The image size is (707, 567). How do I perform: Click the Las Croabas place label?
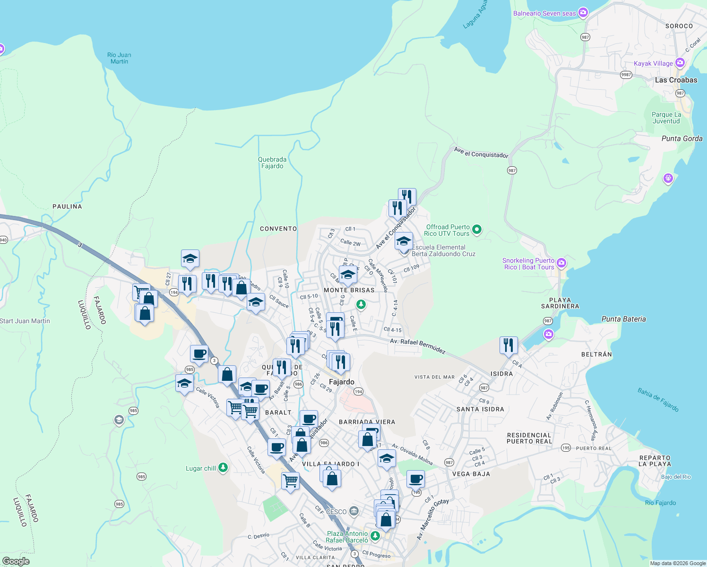pyautogui.click(x=676, y=80)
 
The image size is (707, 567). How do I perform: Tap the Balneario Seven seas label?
pyautogui.click(x=544, y=13)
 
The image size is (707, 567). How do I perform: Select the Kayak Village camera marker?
pyautogui.click(x=680, y=63)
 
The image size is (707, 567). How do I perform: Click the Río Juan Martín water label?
pyautogui.click(x=119, y=58)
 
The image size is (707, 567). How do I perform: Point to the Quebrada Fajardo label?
pyautogui.click(x=272, y=163)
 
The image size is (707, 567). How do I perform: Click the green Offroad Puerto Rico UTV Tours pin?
pyautogui.click(x=477, y=230)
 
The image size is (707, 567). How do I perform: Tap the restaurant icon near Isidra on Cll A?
pyautogui.click(x=509, y=345)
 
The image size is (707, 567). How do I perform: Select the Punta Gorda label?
pyautogui.click(x=682, y=138)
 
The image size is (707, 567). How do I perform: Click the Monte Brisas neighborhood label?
pyautogui.click(x=349, y=290)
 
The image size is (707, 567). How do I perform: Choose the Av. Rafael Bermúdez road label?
pyautogui.click(x=418, y=346)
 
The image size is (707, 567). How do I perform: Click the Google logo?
pyautogui.click(x=16, y=561)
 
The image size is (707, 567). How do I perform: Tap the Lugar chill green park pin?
pyautogui.click(x=223, y=468)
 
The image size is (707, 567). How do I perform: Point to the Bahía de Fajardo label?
pyautogui.click(x=658, y=400)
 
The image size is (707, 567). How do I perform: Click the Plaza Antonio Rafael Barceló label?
pyautogui.click(x=347, y=537)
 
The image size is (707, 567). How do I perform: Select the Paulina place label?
pyautogui.click(x=67, y=206)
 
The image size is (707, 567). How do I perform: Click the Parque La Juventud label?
pyautogui.click(x=666, y=118)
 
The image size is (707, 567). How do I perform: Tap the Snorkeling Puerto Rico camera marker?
pyautogui.click(x=561, y=263)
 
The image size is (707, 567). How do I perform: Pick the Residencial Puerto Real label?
pyautogui.click(x=529, y=438)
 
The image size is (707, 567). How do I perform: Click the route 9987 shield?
pyautogui.click(x=626, y=75)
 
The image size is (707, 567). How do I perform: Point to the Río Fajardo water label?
pyautogui.click(x=660, y=503)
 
